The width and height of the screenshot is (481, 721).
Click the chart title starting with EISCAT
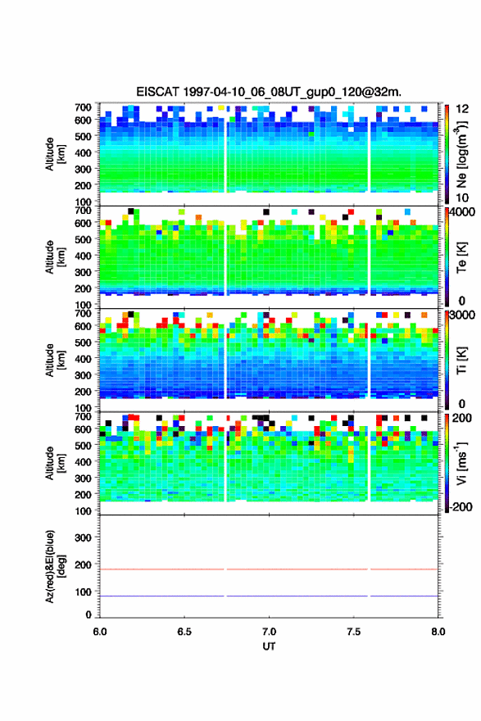click(269, 92)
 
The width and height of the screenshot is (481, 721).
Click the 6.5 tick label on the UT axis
click(184, 632)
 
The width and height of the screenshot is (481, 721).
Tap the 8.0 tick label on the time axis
click(438, 632)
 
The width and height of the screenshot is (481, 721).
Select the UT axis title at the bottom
click(269, 646)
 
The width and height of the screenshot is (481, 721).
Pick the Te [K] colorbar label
click(461, 257)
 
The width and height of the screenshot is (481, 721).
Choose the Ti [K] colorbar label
click(461, 360)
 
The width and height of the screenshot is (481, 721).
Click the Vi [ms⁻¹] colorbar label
click(461, 463)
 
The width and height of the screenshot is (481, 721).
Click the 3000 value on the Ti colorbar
click(461, 315)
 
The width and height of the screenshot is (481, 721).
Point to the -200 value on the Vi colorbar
click(461, 506)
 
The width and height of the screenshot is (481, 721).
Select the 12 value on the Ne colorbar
click(462, 109)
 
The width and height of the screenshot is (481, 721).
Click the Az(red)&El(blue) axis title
click(55, 566)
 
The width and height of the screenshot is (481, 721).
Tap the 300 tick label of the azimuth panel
click(83, 537)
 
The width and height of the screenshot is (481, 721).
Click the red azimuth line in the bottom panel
click(269, 569)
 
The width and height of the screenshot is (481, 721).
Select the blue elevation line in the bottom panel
click(269, 596)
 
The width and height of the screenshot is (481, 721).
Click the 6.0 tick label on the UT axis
click(100, 632)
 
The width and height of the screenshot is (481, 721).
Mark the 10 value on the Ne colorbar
click(462, 198)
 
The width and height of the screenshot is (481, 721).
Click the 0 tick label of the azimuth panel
click(88, 614)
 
